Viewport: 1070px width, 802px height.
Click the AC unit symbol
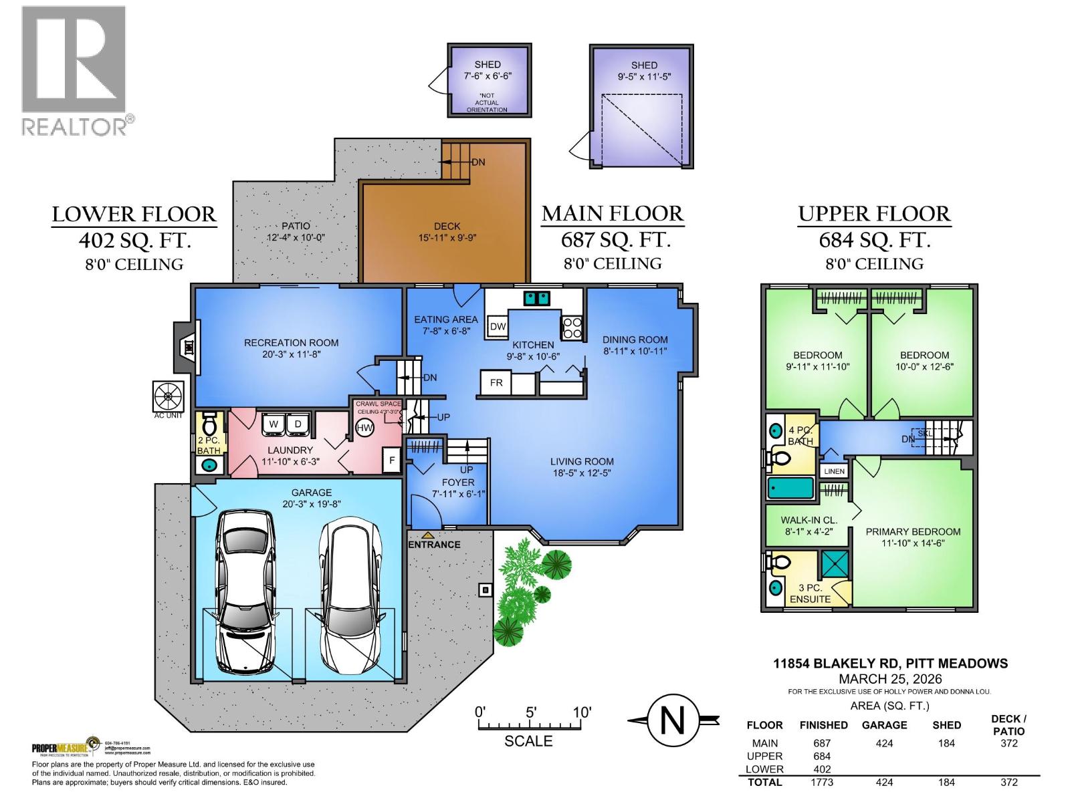168,396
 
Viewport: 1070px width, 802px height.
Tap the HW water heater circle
364,428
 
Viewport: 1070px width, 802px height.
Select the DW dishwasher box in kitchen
498,326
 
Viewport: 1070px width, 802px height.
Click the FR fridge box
496,383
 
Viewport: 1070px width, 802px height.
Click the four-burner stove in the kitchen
572,327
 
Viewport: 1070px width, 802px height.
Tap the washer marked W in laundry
274,424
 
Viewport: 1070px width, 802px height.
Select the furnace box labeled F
392,460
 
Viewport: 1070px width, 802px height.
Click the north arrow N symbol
673,720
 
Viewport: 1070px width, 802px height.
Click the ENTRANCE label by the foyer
435,544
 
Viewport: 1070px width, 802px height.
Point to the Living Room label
582,461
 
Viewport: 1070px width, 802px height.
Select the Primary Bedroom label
913,532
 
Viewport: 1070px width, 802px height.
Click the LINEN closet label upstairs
834,471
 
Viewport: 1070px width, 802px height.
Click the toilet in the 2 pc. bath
209,424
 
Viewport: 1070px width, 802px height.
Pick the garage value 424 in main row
884,743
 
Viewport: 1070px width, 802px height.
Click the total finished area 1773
823,782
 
